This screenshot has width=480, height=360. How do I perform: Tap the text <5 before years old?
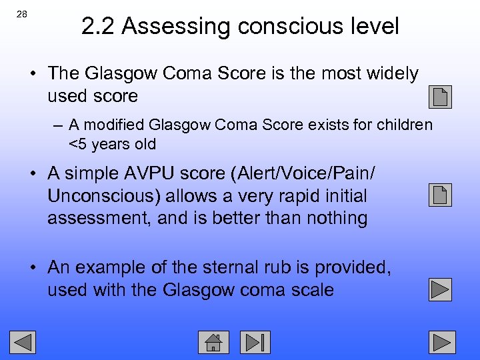pos(79,144)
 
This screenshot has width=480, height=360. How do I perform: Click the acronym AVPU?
pos(150,173)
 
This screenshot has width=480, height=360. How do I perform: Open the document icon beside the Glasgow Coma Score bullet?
pos(441,97)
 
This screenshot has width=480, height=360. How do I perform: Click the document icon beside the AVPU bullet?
pos(441,195)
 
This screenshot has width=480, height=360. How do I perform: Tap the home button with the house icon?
pos(214,342)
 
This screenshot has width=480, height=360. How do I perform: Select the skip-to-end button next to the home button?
pos(255,342)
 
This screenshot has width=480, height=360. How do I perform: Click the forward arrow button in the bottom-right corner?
pos(441,342)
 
